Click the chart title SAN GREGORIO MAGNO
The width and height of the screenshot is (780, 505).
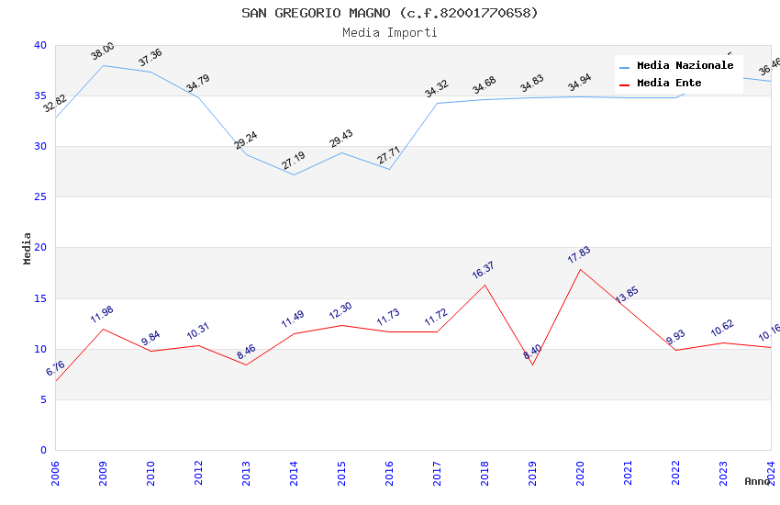[389, 13]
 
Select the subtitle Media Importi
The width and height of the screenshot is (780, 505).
[389, 32]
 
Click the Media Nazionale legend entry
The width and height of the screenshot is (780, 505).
[685, 66]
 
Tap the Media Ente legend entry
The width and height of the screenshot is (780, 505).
[669, 84]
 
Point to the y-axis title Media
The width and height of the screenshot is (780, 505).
[28, 248]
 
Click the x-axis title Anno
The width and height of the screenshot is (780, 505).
[757, 481]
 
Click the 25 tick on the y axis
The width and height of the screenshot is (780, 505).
[40, 197]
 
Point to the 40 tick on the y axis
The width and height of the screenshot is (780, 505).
[40, 46]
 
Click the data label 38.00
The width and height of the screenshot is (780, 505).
[103, 51]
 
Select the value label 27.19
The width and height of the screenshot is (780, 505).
[294, 161]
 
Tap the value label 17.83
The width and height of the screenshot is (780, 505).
[579, 254]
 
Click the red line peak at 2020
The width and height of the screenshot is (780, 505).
[580, 269]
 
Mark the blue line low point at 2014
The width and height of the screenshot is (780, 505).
[294, 174]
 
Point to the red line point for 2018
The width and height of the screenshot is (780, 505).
[485, 285]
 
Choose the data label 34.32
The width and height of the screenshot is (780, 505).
[437, 88]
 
